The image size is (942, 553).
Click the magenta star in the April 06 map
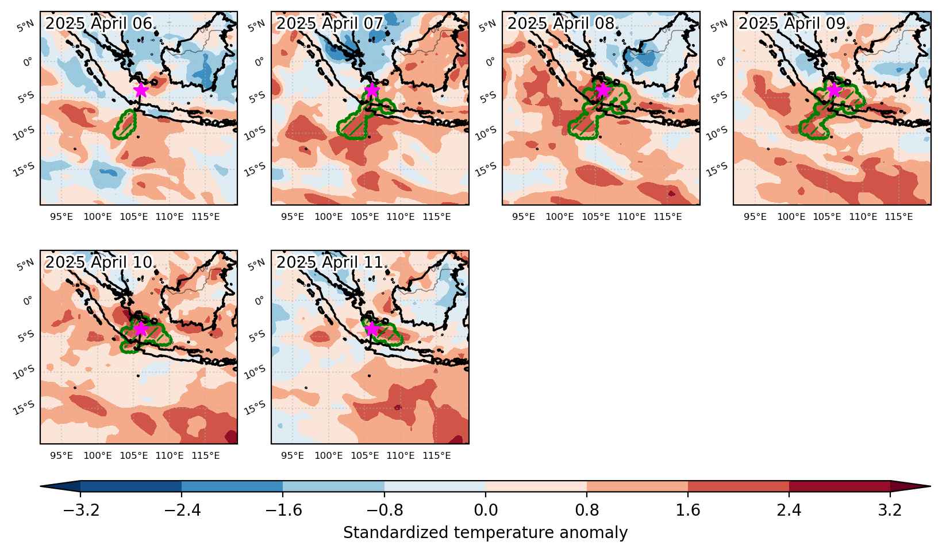tap(141, 90)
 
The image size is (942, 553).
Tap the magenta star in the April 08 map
tap(603, 90)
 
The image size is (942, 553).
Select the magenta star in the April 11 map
tap(372, 328)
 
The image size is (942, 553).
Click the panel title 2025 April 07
tap(330, 23)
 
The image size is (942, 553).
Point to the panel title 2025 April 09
tap(793, 23)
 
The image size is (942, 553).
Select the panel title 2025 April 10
tap(98, 262)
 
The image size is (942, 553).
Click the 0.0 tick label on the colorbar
tap(486, 510)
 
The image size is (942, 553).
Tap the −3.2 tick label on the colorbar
tap(80, 510)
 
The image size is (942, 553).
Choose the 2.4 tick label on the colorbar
tap(789, 510)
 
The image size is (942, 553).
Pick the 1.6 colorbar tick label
tap(688, 510)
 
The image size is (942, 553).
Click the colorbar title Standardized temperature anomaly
tap(485, 533)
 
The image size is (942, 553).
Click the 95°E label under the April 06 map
tap(61, 217)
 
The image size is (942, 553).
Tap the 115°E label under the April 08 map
tap(668, 217)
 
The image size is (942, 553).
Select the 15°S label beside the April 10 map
tap(24, 407)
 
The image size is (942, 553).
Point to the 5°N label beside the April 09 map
tap(718, 26)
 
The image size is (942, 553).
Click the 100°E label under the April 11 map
tap(329, 455)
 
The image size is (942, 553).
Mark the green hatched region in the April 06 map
tap(125, 125)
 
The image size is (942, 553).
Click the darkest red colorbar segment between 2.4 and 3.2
tap(839, 486)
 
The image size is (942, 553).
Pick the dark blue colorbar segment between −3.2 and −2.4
tap(131, 486)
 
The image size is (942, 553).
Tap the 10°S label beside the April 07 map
tap(255, 133)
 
